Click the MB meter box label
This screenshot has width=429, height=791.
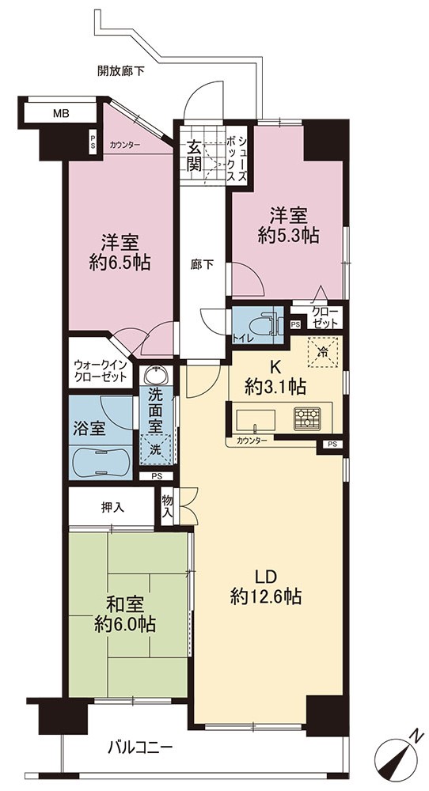61,113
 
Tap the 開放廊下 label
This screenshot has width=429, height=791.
121,71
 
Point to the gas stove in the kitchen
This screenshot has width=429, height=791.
307,418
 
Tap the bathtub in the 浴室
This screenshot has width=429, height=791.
101,460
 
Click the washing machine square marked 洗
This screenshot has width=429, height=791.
157,448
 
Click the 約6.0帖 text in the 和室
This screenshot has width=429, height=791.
124,625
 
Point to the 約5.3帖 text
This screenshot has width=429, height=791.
288,236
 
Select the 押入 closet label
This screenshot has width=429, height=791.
112,508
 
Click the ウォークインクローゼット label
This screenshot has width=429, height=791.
100,371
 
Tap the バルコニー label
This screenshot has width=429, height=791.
141,746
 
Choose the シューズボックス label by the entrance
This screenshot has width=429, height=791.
237,159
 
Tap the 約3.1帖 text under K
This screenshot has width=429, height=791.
275,387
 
